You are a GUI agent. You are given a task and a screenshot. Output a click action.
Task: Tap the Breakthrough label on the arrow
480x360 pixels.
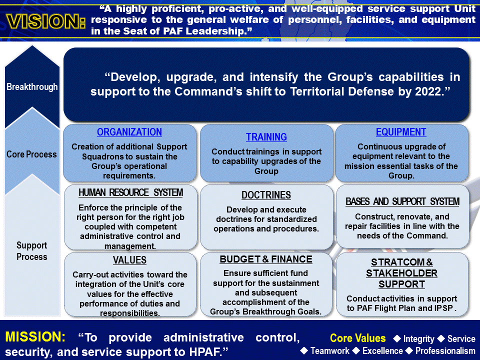[x=32, y=87]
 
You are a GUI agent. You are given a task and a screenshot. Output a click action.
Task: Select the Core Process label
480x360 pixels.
[x=31, y=154]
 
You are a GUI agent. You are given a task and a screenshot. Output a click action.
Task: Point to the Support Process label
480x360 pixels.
[x=32, y=251]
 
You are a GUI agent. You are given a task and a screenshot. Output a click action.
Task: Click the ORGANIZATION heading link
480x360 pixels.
[x=129, y=132]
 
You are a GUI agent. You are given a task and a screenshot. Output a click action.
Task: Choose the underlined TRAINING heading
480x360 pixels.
[x=266, y=137]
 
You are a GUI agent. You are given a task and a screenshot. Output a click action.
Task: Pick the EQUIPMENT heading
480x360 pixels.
[x=401, y=132]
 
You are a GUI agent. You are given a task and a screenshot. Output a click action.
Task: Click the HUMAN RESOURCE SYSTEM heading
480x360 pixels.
[x=131, y=193]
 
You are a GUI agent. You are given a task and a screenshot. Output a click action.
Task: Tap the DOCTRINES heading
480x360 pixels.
[x=266, y=195]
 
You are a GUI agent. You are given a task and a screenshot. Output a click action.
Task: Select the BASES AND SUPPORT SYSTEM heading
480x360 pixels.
[x=402, y=202]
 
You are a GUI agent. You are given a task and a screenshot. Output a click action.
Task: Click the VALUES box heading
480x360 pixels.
[x=129, y=260]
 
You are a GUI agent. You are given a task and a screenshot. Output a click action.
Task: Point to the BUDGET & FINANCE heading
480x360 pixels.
[x=266, y=259]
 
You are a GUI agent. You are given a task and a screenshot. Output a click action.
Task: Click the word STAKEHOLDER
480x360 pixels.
[x=401, y=273]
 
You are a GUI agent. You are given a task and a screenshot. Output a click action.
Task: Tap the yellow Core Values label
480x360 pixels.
[x=358, y=338]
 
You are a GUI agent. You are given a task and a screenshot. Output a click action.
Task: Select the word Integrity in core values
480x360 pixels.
[x=418, y=339]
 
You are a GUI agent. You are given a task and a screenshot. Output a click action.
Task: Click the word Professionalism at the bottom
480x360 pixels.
[x=445, y=350]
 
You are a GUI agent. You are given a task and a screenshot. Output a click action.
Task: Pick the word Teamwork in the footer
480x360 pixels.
[x=329, y=350]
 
